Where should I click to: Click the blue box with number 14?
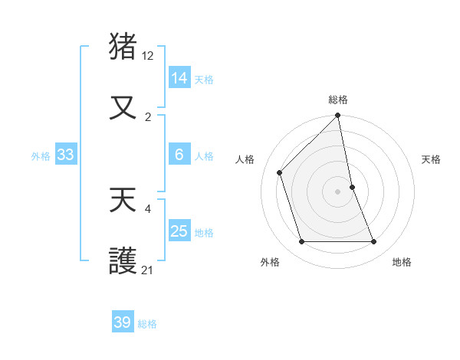(179, 78)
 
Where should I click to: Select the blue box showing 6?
(179, 155)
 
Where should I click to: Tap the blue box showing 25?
(179, 231)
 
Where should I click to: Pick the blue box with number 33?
(65, 155)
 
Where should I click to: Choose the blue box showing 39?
(123, 322)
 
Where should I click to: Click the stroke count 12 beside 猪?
(148, 55)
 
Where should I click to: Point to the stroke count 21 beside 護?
(148, 270)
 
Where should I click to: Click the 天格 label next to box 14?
(204, 80)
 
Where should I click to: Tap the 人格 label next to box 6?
(204, 156)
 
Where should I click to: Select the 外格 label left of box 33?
(41, 156)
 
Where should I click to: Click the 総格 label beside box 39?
(147, 324)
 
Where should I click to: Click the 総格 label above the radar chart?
(338, 100)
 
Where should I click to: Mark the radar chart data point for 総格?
(338, 116)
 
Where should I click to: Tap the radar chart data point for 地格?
(374, 242)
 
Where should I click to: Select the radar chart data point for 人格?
(280, 172)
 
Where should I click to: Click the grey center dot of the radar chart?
(338, 191)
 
